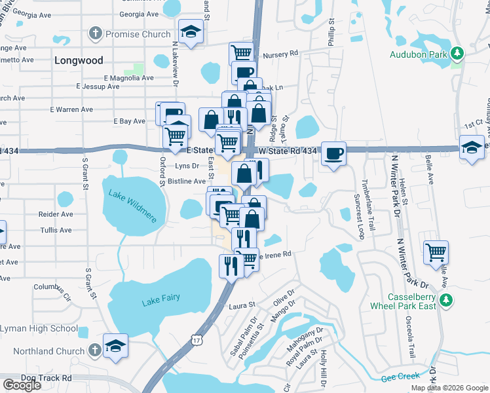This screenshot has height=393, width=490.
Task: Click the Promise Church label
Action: point(138,33)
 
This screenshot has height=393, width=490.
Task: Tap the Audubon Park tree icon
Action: point(457,53)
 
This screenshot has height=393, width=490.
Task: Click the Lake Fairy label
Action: point(160,301)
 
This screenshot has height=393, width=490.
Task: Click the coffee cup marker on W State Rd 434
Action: point(333,154)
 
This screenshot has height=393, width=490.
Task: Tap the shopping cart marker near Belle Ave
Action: point(436,252)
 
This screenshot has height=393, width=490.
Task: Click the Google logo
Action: point(22,384)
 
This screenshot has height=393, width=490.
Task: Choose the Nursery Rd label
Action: point(280,54)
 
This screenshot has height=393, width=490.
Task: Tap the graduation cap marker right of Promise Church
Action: point(191,33)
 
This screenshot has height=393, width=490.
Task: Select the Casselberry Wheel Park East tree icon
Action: point(447,300)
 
